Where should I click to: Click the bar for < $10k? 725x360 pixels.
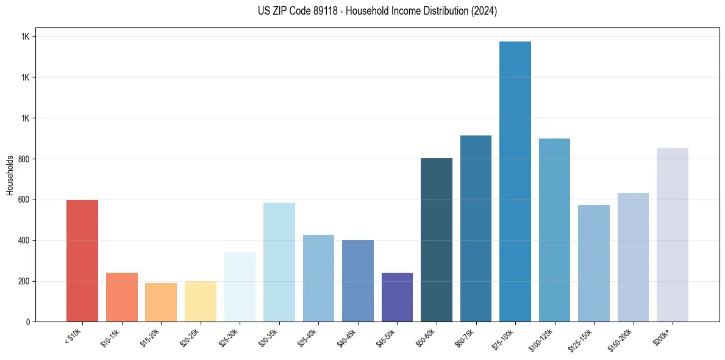tap(82, 261)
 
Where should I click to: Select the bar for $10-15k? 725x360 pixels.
tap(121, 297)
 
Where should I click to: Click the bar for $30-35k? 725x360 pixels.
tap(279, 262)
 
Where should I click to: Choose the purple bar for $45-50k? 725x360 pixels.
tap(397, 297)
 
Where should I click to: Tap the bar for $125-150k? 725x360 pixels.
tap(594, 263)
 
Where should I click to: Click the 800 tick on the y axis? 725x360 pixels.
tap(23, 159)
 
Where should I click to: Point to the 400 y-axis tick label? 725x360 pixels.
tap(23, 241)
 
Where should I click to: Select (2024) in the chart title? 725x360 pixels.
tap(484, 11)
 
